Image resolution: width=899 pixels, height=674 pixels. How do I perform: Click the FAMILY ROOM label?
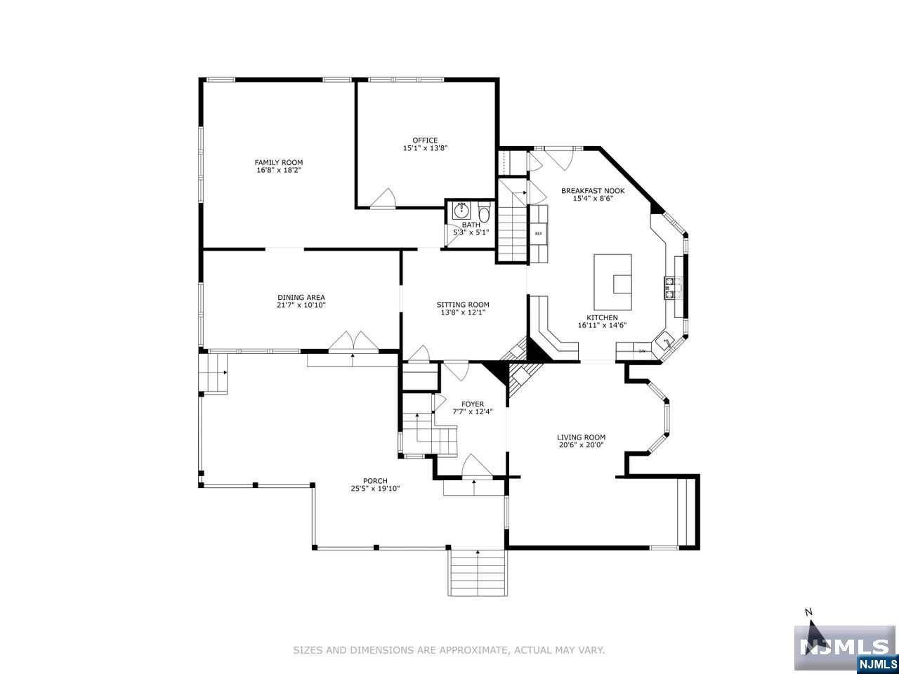tap(279, 162)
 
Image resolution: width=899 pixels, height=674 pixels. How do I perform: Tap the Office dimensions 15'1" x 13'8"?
tap(425, 148)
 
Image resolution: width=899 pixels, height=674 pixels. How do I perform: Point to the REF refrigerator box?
tap(539, 234)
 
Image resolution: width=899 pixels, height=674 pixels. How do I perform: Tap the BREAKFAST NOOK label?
tap(593, 191)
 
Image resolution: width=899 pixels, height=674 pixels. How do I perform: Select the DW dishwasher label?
tap(641, 350)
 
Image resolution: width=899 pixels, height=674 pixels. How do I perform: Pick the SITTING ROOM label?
tap(463, 305)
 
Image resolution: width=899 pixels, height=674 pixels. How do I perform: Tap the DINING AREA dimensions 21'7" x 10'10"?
tap(301, 305)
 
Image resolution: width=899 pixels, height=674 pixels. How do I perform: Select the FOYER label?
tap(473, 404)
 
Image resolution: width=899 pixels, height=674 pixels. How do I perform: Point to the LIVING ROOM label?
tap(582, 437)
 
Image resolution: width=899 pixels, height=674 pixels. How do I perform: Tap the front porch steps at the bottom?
tap(478, 572)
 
